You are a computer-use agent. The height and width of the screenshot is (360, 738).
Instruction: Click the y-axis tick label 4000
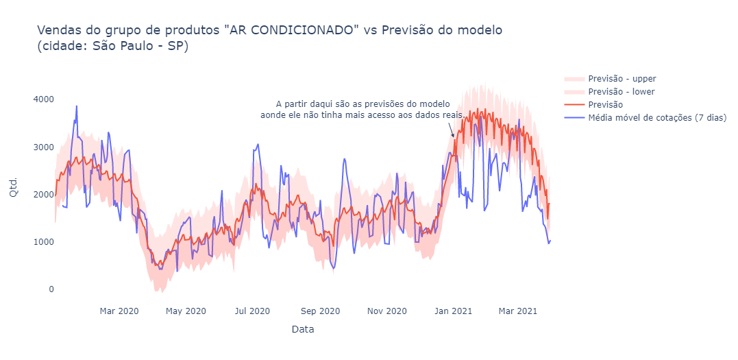click(43, 99)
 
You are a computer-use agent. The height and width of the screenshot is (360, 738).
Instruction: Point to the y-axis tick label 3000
click(43, 147)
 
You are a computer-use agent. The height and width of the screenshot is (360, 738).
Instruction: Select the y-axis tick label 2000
click(43, 195)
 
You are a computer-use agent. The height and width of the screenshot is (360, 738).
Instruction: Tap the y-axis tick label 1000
click(43, 242)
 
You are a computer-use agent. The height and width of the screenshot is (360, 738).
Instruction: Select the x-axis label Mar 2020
click(119, 311)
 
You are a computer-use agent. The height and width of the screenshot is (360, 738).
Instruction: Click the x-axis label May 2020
click(186, 311)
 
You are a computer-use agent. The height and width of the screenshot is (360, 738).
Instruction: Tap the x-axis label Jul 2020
click(252, 311)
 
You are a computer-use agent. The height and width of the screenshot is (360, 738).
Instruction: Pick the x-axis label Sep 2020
click(320, 311)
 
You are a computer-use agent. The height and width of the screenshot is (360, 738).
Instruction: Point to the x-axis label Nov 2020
click(387, 311)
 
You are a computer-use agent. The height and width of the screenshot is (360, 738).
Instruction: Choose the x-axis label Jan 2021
click(453, 311)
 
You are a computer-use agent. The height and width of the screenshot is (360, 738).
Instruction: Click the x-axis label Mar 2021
click(518, 311)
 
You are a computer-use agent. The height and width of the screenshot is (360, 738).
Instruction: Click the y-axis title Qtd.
click(14, 186)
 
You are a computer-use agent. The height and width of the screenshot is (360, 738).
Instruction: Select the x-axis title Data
click(302, 330)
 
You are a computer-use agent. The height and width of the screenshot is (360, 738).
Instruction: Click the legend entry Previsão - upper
click(622, 79)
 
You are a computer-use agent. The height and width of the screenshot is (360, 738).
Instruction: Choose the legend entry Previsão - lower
click(621, 92)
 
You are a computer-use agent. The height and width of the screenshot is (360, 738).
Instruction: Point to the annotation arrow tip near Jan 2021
click(454, 138)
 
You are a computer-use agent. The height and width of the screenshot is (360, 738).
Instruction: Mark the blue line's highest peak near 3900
click(76, 106)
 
